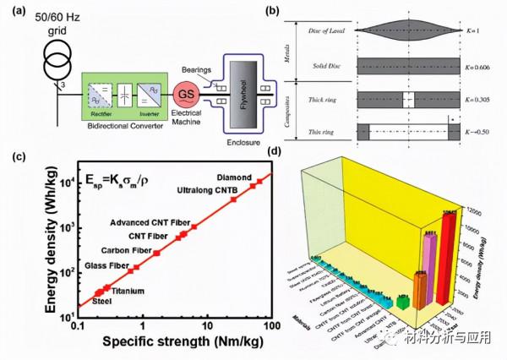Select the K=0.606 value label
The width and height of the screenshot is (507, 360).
[478, 64]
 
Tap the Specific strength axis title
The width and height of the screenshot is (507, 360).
[169, 341]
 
